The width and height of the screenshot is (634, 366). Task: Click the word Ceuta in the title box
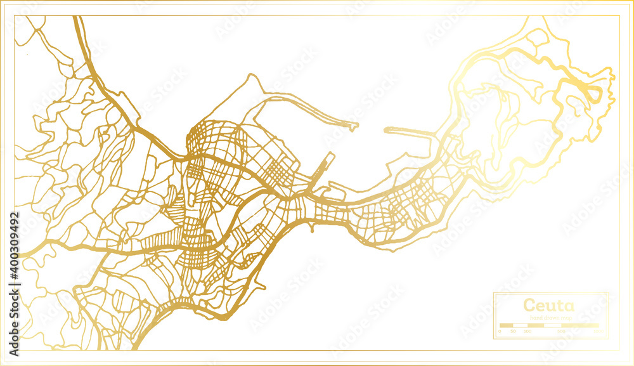point(549,305)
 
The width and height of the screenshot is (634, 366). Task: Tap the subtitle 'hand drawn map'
point(549,317)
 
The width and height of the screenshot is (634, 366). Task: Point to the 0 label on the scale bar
point(500,331)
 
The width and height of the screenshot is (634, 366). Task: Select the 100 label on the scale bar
point(527,331)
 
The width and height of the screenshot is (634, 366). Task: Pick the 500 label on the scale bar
point(561,331)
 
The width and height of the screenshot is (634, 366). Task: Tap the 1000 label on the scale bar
point(597,331)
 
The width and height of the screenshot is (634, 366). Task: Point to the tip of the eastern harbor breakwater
point(386,129)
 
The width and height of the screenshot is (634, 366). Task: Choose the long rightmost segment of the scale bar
point(581,325)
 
